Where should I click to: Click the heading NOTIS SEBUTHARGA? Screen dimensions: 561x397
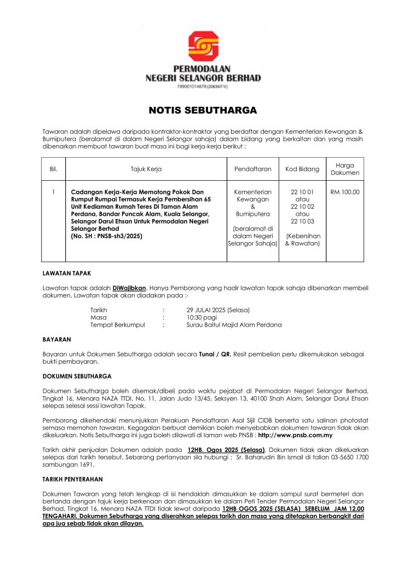click(203, 110)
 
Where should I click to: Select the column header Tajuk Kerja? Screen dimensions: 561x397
click(146, 169)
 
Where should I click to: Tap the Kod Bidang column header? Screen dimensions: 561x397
click(302, 169)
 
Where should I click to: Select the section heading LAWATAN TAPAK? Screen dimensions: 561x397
click(67, 272)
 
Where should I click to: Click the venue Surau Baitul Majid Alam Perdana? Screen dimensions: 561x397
click(234, 325)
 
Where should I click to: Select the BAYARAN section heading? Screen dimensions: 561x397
click(57, 340)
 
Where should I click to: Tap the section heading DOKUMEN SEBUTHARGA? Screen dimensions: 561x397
click(77, 376)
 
